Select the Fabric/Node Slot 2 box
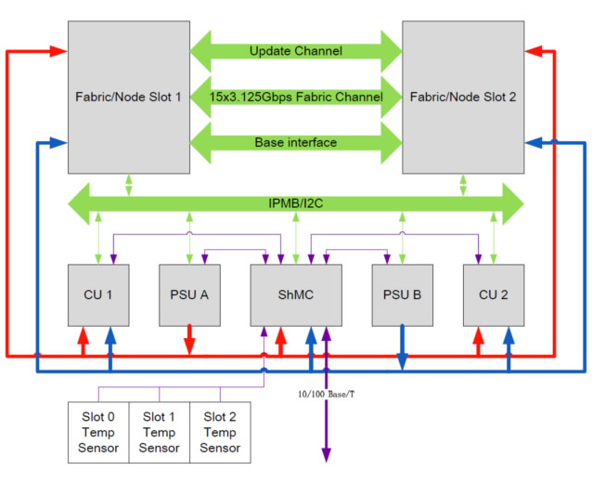[x=461, y=96]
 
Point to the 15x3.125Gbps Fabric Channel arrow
[x=295, y=97]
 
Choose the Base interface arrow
[x=295, y=142]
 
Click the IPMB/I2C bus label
[x=297, y=202]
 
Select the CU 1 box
[x=97, y=294]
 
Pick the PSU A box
[x=189, y=294]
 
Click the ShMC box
[x=295, y=294]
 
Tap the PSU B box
[x=402, y=294]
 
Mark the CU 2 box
[x=494, y=294]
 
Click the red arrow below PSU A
[x=189, y=339]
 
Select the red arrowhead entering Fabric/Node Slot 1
[x=61, y=52]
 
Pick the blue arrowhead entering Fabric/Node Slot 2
[x=532, y=142]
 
